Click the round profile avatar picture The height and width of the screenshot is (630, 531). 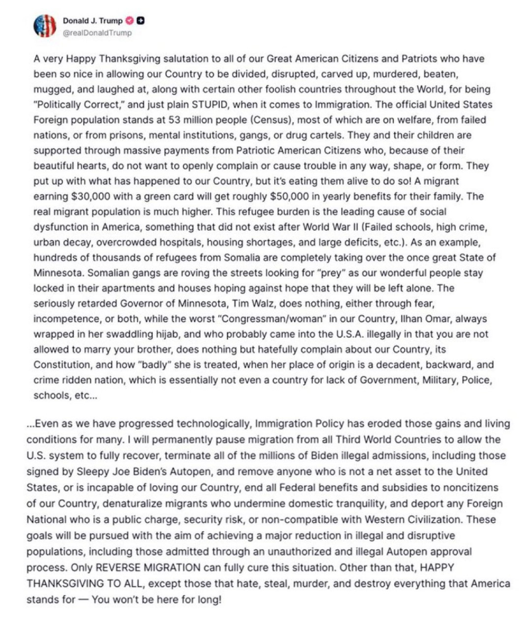[45, 26]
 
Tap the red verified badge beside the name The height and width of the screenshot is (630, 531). [130, 21]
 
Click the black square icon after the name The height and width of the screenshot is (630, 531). [141, 21]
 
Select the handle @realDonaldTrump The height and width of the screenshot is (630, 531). [97, 33]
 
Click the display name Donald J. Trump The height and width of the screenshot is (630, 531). [92, 21]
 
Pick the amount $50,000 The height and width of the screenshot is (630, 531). [290, 197]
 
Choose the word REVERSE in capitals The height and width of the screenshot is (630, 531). [118, 568]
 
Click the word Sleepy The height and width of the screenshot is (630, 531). [92, 472]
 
